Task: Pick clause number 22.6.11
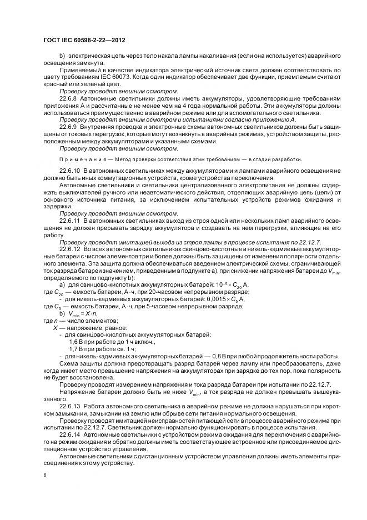coord(72,221)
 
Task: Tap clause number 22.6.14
coord(72,434)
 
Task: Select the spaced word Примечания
coord(78,159)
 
